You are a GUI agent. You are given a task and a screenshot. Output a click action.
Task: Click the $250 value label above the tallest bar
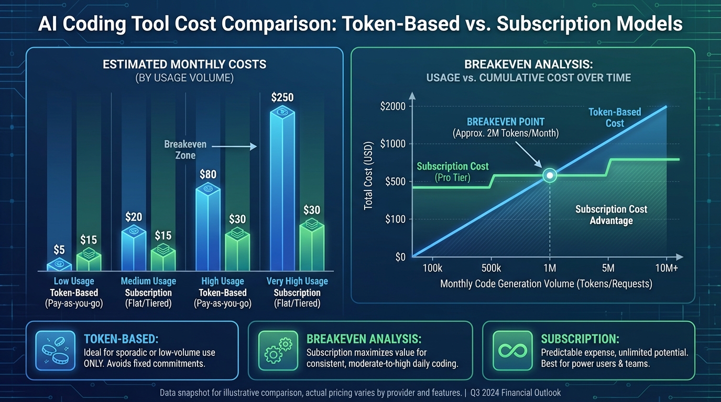pos(282,97)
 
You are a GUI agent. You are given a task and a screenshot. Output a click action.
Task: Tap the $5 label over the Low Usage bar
pos(59,250)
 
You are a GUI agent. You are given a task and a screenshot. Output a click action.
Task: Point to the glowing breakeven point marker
pos(550,175)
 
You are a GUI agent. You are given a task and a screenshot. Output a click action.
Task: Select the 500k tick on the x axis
pos(491,268)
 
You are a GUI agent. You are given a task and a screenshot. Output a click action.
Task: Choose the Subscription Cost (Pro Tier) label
pos(453,172)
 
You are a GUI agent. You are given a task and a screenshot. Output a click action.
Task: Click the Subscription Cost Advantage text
pos(611,215)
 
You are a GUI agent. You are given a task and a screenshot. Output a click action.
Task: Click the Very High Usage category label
pos(297,281)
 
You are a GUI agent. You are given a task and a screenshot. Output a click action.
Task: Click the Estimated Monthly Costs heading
pos(184,65)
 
